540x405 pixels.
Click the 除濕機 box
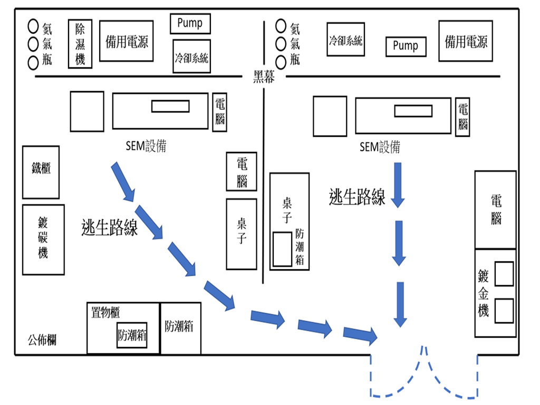pyautogui.click(x=80, y=44)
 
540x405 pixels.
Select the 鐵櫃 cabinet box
pyautogui.click(x=41, y=172)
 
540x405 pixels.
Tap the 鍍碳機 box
pyautogui.click(x=43, y=239)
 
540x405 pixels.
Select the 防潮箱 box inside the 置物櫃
pyautogui.click(x=132, y=335)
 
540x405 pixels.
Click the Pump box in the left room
pyautogui.click(x=190, y=24)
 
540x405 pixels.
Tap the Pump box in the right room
pyautogui.click(x=406, y=46)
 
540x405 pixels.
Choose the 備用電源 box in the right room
pyautogui.click(x=466, y=41)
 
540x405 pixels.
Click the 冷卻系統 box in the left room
pyautogui.click(x=191, y=56)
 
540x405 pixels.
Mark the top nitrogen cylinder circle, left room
pyautogui.click(x=33, y=25)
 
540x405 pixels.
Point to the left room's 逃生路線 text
pyautogui.click(x=110, y=228)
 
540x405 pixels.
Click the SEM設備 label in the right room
pyautogui.click(x=380, y=147)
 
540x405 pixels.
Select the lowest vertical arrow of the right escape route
pyautogui.click(x=401, y=304)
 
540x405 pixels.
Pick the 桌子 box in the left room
pyautogui.click(x=242, y=234)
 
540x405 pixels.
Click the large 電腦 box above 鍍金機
pyautogui.click(x=495, y=209)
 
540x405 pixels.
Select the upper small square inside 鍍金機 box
pyautogui.click(x=504, y=274)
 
